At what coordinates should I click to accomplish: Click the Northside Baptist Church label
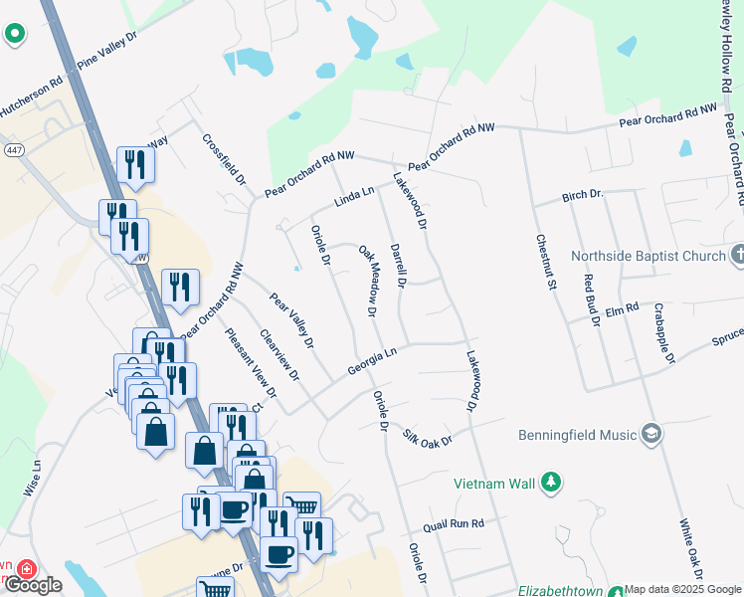click(x=649, y=256)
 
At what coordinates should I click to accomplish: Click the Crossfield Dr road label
click(x=224, y=159)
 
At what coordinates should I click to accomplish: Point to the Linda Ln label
click(x=353, y=195)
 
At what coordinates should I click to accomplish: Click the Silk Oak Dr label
click(x=428, y=437)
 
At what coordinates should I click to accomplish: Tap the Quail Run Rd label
click(x=453, y=523)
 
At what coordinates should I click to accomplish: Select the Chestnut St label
click(x=544, y=262)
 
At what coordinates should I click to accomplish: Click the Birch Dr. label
click(x=583, y=195)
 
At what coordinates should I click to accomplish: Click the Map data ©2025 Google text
click(x=681, y=589)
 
